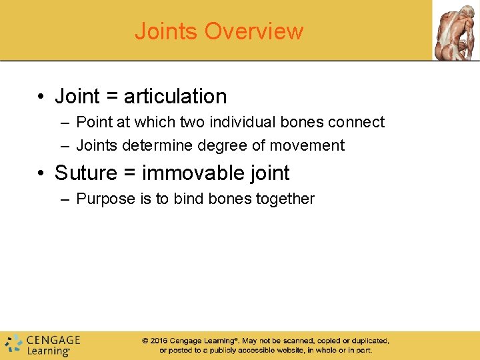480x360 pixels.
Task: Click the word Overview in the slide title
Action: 254,31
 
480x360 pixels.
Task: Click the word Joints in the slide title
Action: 167,31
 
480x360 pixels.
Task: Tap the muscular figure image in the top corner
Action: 456,30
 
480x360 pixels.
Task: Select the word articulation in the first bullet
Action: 175,97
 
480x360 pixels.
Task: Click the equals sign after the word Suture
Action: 131,173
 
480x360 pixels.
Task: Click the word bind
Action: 189,199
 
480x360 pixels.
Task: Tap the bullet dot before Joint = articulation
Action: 41,97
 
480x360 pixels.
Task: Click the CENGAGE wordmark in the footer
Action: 53,339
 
